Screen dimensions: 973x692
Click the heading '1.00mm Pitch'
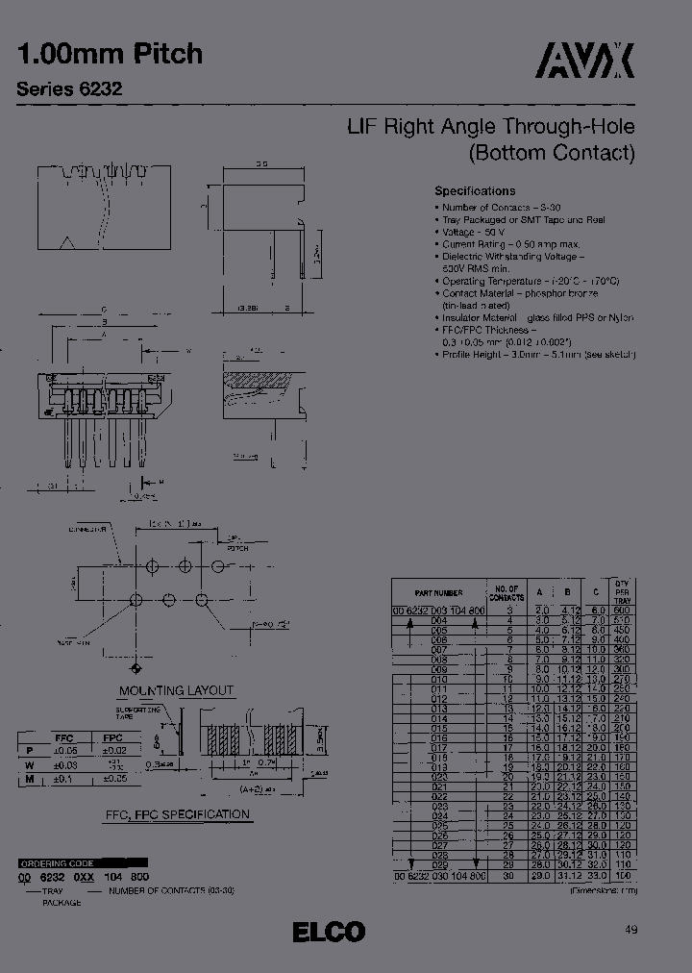[110, 54]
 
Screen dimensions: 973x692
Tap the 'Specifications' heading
[475, 191]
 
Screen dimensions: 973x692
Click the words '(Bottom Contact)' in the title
[552, 152]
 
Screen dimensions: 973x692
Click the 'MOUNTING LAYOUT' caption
[176, 690]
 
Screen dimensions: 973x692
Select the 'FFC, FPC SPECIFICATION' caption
[178, 814]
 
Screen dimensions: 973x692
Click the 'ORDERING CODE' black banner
[83, 862]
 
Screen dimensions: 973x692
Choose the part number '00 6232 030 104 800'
[438, 876]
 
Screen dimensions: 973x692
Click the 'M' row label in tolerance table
[30, 779]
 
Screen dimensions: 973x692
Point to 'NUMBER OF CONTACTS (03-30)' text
[171, 891]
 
